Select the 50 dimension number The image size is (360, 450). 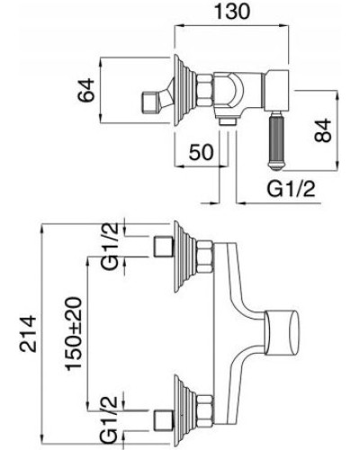coord(201,152)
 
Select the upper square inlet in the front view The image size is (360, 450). coord(163,246)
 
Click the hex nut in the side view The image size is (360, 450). coord(205,90)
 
